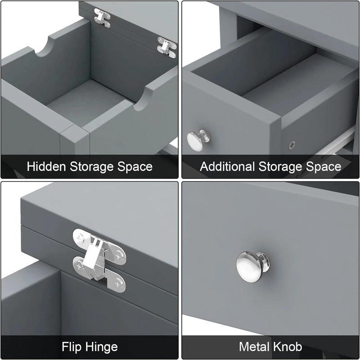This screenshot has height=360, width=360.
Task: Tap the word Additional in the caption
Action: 227,166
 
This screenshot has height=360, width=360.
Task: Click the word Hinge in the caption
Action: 103,347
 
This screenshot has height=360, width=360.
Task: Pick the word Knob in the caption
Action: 288,347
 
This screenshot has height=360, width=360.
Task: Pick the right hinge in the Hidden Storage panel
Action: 166,46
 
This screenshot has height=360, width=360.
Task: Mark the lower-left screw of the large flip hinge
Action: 79,266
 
